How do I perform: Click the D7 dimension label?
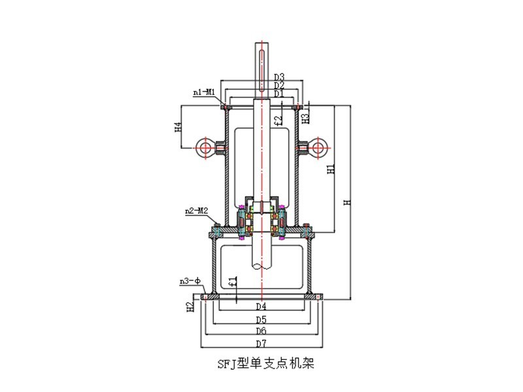click(261, 343)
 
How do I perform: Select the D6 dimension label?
click(261, 332)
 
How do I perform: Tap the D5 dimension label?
click(261, 319)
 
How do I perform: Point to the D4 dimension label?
click(261, 306)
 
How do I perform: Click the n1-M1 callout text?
click(205, 93)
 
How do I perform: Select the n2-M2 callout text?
click(195, 211)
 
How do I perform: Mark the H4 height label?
click(178, 127)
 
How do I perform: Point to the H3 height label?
click(306, 117)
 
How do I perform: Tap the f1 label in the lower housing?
click(233, 282)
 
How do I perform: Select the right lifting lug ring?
click(318, 147)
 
